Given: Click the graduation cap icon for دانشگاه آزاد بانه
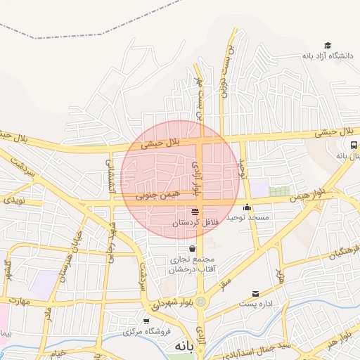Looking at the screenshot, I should (328, 45).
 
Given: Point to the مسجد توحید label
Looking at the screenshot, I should (247, 218).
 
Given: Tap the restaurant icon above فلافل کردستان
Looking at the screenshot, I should (195, 212).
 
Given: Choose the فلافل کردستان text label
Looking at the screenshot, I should (196, 222).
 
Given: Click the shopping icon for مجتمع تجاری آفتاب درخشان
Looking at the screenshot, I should (192, 248).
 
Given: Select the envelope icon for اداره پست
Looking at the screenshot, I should (255, 294).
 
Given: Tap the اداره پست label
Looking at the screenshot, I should (255, 304).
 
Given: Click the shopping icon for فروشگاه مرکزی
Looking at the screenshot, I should (146, 321).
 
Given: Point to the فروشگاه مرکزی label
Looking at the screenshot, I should (147, 332).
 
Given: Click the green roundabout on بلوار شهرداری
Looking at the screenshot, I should (202, 302).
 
